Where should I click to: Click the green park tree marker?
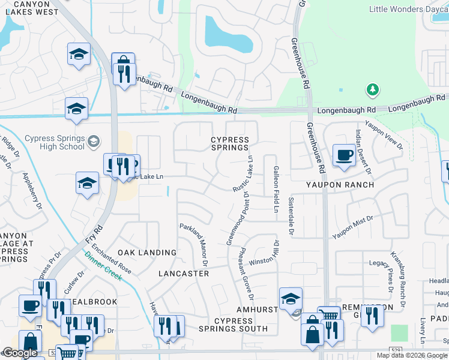point(373,90)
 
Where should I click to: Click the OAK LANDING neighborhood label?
point(147,253)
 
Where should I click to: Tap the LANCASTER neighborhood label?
point(184,273)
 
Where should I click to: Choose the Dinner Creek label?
point(103,266)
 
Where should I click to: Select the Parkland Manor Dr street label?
point(193,245)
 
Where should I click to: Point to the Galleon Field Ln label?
point(277,189)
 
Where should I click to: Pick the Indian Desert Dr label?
point(364,154)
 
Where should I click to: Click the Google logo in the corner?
point(20,353)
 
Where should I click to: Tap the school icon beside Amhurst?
point(291,298)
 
